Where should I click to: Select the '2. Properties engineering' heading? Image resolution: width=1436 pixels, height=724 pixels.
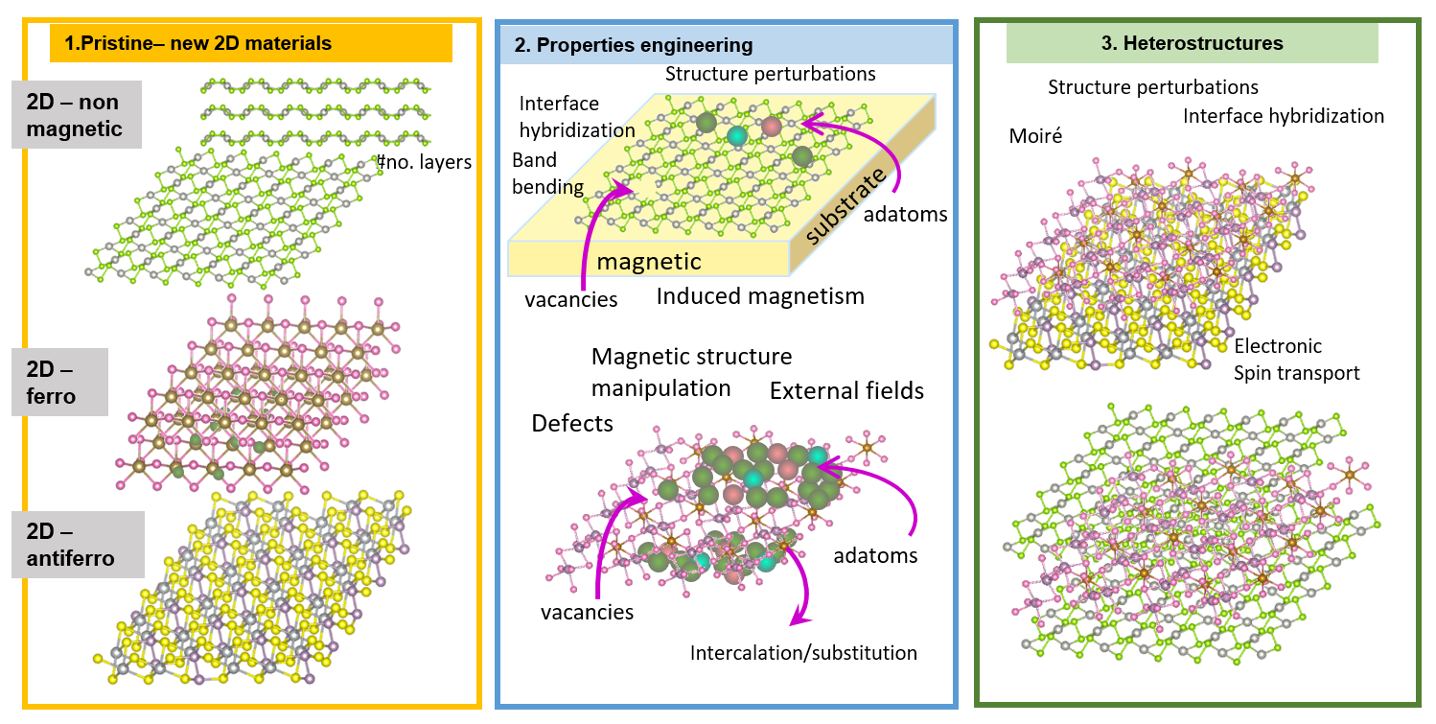pos(633,45)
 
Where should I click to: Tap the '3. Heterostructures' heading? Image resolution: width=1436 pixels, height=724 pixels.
pos(1192,44)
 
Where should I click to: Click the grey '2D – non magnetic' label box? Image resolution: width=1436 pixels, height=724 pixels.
pos(77,114)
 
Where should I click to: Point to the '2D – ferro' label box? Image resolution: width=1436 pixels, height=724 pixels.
pos(73,382)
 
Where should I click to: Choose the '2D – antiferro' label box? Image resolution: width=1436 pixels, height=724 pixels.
pos(78,544)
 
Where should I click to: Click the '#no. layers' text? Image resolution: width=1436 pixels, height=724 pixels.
pos(426,162)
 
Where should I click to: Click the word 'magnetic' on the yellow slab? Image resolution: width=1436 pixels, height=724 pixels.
pos(649,261)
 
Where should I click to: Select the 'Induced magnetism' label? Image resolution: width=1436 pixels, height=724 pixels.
pos(760,296)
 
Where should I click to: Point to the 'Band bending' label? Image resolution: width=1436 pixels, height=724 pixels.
pos(547,173)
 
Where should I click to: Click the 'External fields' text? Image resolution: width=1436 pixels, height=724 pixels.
pos(846,390)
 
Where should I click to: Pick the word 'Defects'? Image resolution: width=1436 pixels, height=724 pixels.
pos(572,423)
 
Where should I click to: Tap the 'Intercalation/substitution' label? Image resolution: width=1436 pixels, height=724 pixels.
pos(803,653)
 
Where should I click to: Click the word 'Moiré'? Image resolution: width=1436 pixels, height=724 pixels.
pos(1035,136)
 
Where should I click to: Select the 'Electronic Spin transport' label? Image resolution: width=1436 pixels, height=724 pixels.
pos(1296,360)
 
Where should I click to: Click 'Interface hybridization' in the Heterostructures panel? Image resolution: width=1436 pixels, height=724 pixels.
pos(1284,116)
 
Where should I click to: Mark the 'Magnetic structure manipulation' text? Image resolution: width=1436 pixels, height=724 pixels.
pos(691,372)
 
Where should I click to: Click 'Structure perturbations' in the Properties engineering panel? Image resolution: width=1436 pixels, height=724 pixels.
pos(770,73)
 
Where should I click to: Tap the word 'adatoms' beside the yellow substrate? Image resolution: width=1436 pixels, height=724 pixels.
pos(905,214)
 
